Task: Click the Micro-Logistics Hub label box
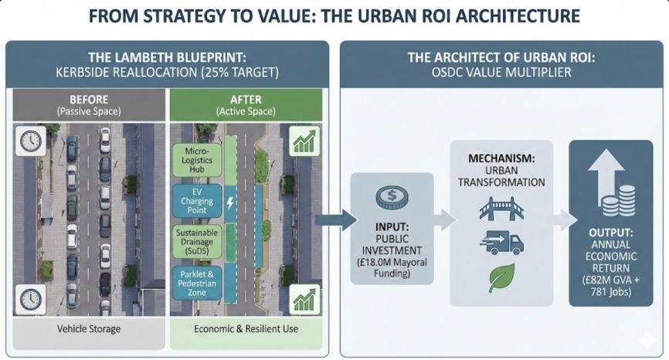[199, 159]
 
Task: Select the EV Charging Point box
[199, 200]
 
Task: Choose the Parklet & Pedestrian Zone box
[199, 282]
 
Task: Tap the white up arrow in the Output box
[610, 171]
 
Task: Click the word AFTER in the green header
[245, 99]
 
